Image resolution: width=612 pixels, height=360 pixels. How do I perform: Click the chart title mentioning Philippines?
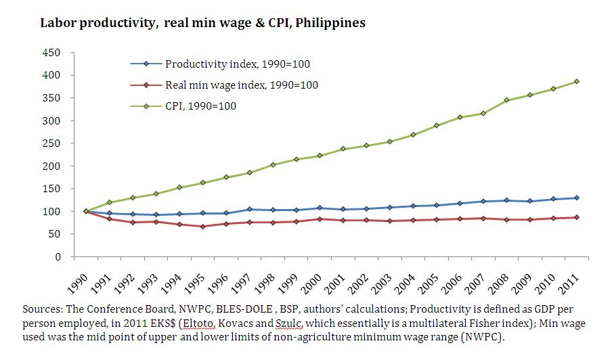(202, 23)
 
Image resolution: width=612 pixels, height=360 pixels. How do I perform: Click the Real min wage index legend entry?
(241, 85)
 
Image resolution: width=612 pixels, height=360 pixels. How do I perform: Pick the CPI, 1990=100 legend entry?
(200, 106)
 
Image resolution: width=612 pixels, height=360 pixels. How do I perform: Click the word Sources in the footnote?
(42, 309)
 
